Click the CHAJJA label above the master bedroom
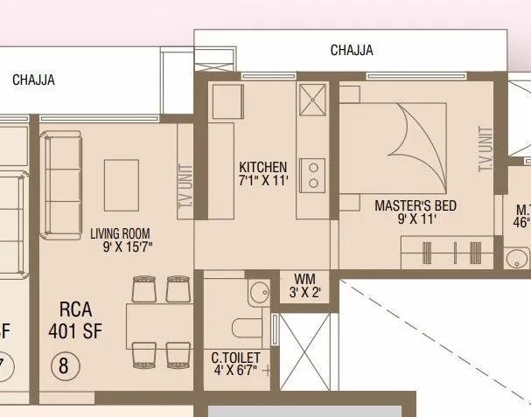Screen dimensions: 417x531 [352, 50]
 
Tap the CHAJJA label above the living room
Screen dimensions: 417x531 [34, 80]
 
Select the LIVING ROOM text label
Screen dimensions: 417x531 [120, 233]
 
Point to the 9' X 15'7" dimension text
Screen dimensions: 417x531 [128, 247]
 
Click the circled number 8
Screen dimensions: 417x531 [63, 365]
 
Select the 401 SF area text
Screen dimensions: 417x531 [75, 332]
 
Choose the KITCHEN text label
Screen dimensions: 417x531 [262, 167]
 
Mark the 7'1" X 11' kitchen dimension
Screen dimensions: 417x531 [263, 181]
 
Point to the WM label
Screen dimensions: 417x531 [304, 279]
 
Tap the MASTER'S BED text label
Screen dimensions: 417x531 [416, 206]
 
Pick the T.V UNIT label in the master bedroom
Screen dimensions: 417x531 [486, 149]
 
